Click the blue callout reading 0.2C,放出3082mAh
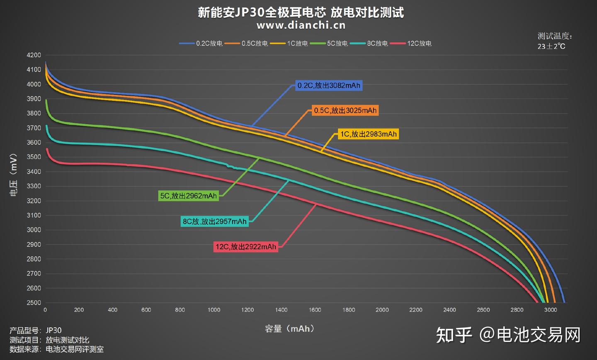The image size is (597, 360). (x=329, y=86)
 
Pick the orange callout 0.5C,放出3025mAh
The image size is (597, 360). (x=345, y=110)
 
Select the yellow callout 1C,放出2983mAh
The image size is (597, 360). (x=368, y=134)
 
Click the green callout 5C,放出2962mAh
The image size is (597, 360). (x=189, y=196)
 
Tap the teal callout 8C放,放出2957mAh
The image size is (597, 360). (x=215, y=221)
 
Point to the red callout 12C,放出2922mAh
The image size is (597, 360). (x=245, y=247)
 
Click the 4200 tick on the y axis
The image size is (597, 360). (x=34, y=55)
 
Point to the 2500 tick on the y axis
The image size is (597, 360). (x=34, y=303)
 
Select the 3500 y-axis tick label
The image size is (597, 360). (x=34, y=157)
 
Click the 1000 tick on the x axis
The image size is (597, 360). (x=214, y=310)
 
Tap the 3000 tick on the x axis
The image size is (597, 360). (x=551, y=310)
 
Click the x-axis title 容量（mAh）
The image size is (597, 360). (x=291, y=329)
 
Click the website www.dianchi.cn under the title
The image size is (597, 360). (x=301, y=25)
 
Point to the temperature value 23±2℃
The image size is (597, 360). (x=551, y=46)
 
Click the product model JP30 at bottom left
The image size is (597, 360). (x=53, y=331)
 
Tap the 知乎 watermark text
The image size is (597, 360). (x=454, y=335)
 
